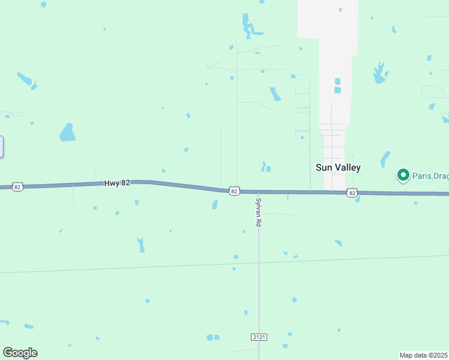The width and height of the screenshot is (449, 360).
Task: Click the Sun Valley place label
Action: coord(338,167)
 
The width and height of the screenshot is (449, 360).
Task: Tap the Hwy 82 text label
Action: coord(117,183)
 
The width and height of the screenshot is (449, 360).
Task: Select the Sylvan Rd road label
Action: coord(259,212)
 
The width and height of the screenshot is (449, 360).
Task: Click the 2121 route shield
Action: coord(259,337)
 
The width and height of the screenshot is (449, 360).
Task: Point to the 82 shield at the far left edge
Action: coord(17,187)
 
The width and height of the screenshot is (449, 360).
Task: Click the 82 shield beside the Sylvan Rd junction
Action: coord(234,191)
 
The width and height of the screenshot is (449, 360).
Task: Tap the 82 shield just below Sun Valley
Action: coord(352,193)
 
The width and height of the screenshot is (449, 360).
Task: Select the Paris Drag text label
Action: coord(430,175)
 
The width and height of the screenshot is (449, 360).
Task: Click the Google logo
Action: coord(20,353)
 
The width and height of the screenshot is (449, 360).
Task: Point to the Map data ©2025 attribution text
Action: coord(424,355)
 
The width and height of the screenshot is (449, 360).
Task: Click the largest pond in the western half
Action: coord(68,132)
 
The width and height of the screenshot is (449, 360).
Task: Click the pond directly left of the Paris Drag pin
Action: coord(385,159)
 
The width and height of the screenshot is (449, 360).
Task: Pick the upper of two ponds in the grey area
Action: coord(337,82)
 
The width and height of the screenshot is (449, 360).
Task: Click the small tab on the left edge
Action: coord(1,147)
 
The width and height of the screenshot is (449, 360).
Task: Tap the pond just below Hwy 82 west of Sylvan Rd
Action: coord(215,205)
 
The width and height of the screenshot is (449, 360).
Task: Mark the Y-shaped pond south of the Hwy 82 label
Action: coord(141,245)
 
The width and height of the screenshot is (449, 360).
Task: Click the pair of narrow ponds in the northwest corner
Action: coord(26,80)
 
